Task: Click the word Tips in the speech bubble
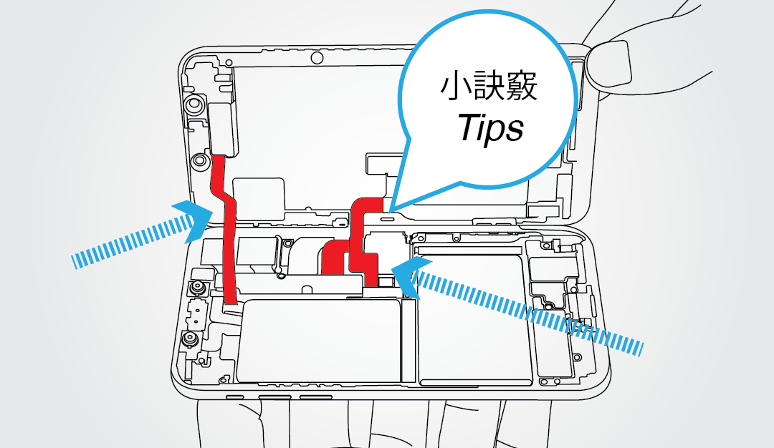pyautogui.click(x=491, y=129)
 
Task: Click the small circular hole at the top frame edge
pyautogui.click(x=315, y=58)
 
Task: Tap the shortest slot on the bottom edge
pyautogui.click(x=234, y=396)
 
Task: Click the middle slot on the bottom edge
pyautogui.click(x=274, y=396)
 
